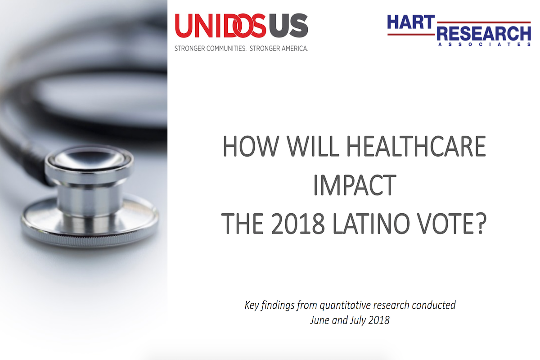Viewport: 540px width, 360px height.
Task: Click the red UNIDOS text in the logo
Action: coord(220,26)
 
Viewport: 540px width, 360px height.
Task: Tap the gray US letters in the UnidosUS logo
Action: coord(288,26)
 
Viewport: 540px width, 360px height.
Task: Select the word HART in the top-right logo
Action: coord(411,22)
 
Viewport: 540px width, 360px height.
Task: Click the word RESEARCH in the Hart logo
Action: coord(484,33)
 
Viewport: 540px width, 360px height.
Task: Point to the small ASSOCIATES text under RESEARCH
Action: coord(484,45)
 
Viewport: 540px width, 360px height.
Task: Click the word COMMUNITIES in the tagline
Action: coord(226,49)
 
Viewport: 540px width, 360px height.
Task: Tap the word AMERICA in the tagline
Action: coord(292,49)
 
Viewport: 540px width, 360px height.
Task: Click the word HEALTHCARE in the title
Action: coord(416,146)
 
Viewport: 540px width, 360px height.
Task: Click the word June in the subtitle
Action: coord(319,320)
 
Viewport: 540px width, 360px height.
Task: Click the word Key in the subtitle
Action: coord(252,306)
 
